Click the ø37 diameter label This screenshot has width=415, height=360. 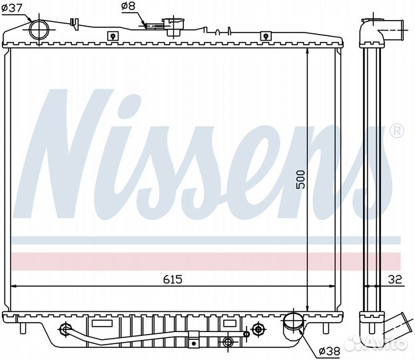point(11,9)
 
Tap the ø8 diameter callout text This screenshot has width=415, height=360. point(129,6)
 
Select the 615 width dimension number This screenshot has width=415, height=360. point(173,279)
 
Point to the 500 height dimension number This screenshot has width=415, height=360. point(300,180)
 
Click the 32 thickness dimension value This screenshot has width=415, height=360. point(395,279)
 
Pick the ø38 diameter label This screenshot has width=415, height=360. point(330,351)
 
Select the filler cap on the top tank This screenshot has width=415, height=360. point(174,27)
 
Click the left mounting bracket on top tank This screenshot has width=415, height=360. point(113,36)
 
